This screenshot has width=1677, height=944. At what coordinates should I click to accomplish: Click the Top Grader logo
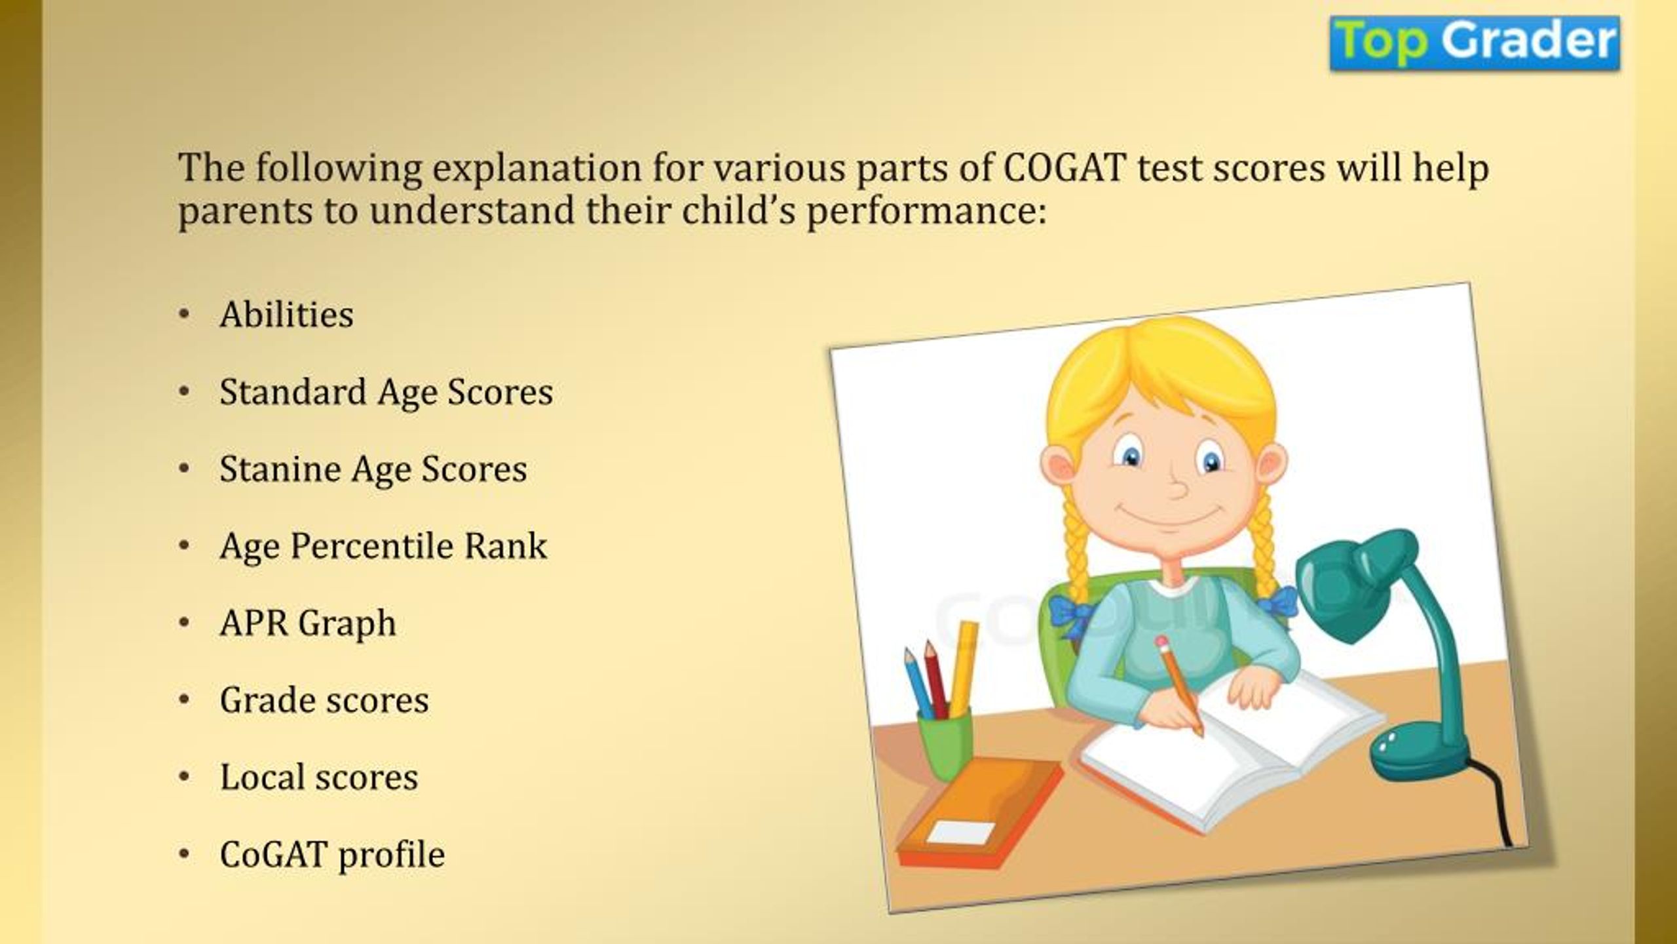coord(1475,43)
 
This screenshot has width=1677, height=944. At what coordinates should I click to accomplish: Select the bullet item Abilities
coord(286,314)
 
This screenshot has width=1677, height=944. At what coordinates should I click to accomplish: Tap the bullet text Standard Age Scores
coord(386,393)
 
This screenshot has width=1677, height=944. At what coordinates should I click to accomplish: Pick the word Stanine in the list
coord(280,469)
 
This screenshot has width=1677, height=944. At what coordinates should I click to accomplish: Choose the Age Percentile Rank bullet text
coord(383,546)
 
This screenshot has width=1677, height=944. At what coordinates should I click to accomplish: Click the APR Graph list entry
coord(308,623)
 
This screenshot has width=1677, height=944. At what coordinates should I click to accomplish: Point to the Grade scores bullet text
coord(324,699)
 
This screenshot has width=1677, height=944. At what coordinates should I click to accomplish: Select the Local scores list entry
coord(318,777)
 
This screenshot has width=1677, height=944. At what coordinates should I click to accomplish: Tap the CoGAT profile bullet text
coord(332,855)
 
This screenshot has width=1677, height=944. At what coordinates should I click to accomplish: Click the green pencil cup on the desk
coord(945,744)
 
